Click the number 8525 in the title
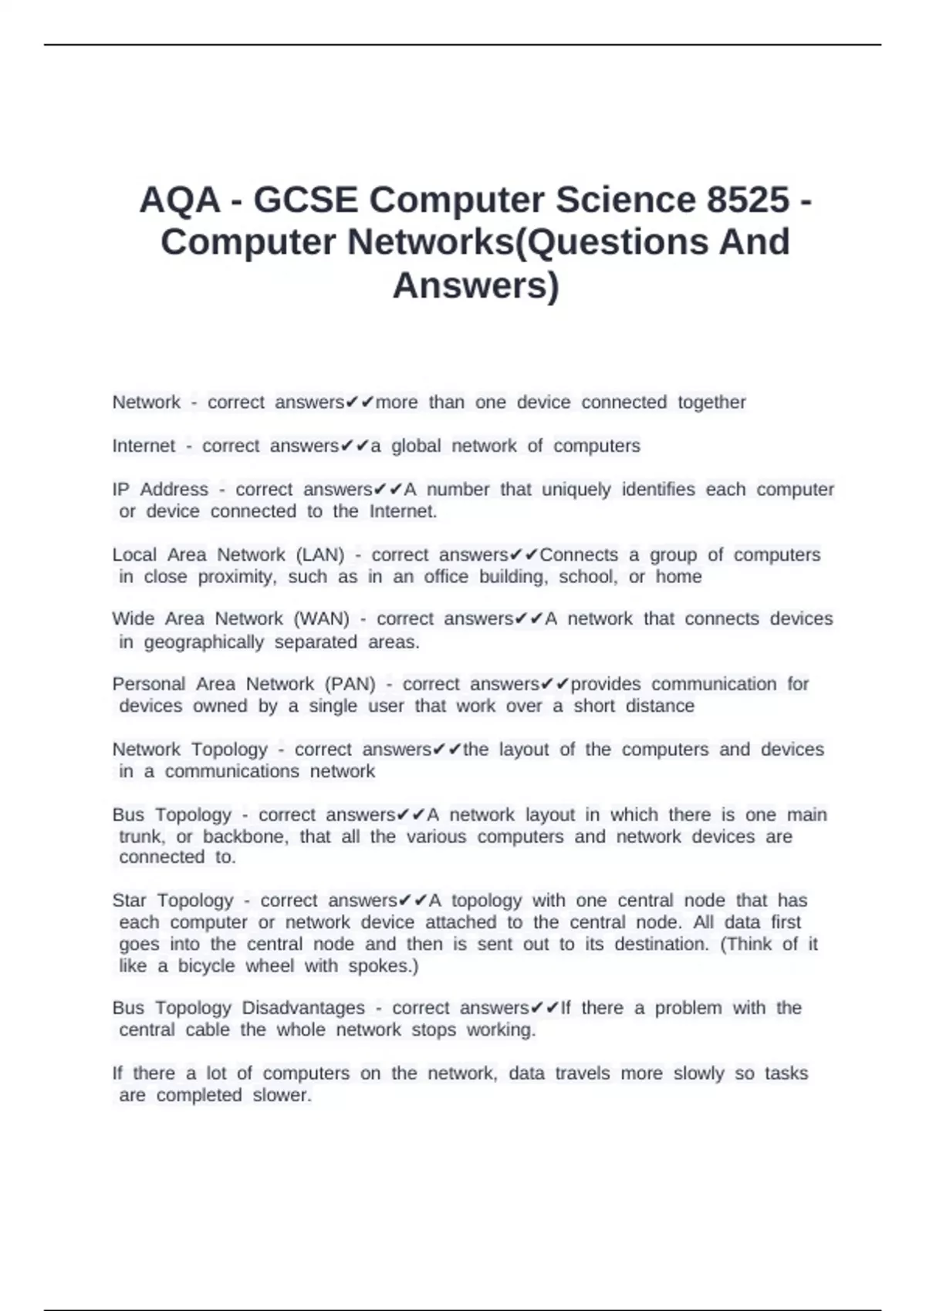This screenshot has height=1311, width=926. click(747, 201)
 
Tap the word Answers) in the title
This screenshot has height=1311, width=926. click(475, 285)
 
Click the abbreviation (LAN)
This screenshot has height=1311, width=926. click(320, 555)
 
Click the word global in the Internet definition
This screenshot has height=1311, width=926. click(416, 447)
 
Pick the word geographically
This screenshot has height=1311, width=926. click(204, 642)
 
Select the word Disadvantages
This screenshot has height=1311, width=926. click(303, 1008)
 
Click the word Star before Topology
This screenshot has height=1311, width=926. click(130, 901)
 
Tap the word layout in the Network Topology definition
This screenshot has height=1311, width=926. click(524, 750)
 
